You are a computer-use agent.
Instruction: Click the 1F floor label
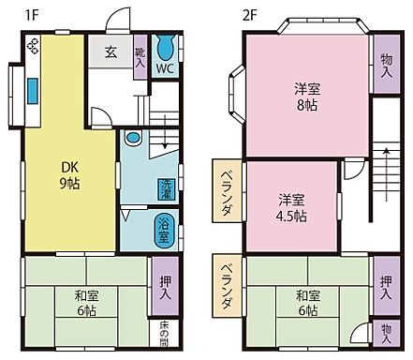point(31,14)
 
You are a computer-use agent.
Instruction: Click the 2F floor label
point(249,14)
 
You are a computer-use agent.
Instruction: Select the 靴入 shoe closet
point(140,59)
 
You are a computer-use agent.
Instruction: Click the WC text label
point(164,69)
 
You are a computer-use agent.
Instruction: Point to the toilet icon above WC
point(165,48)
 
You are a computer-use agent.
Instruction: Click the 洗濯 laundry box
point(165,188)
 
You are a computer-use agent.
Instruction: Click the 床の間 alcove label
point(163,333)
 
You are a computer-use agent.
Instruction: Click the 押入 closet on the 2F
point(384,288)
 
